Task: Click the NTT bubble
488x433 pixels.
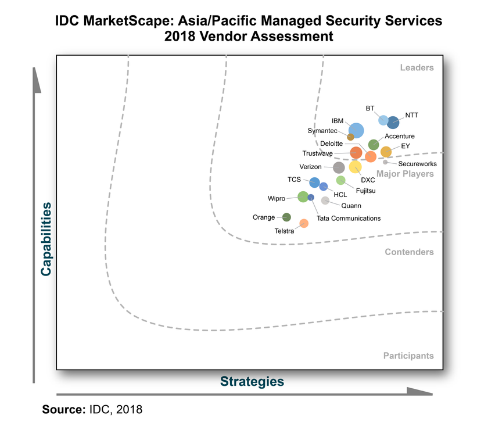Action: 393,123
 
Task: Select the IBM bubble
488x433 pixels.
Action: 356,130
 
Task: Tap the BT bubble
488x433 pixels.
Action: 383,120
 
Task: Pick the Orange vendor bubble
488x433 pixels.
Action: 286,217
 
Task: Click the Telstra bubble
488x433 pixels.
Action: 304,223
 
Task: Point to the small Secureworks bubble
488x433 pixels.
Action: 385,162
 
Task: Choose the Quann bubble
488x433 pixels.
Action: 325,201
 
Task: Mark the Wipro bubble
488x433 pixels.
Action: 303,196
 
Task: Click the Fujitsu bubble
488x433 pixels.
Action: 341,180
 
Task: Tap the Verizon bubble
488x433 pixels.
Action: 339,167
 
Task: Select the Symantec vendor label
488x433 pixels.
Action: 322,131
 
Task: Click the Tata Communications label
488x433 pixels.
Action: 349,219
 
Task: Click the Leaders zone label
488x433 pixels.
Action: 417,67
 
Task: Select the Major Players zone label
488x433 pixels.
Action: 405,174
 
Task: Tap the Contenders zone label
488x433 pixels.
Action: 409,252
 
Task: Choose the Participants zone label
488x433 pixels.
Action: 408,356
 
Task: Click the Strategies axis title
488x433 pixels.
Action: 252,381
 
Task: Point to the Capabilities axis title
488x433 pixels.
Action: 46,238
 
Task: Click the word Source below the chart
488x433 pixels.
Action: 63,410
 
